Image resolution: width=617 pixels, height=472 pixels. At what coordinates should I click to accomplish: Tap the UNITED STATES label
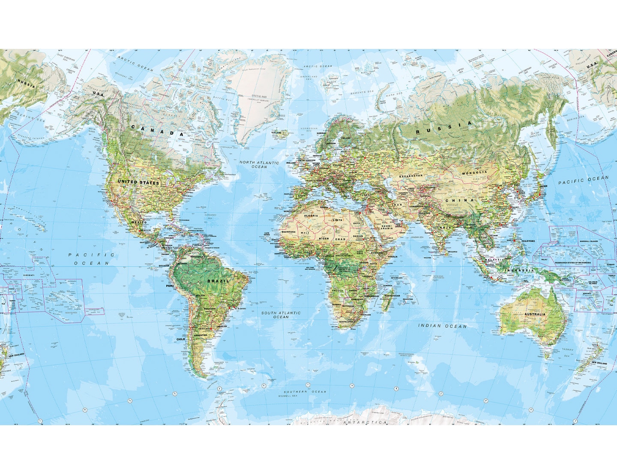(x=139, y=182)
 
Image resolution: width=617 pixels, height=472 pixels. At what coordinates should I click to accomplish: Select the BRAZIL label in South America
(x=218, y=281)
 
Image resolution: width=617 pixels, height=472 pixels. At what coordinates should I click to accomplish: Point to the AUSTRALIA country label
(x=535, y=314)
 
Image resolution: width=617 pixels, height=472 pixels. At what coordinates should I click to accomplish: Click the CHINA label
(x=460, y=200)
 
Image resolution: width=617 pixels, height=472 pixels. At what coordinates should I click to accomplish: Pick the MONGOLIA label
(x=474, y=172)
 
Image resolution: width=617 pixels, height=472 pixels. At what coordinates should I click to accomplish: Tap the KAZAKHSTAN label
(x=410, y=176)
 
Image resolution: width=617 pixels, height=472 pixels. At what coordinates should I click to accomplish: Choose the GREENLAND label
(x=259, y=97)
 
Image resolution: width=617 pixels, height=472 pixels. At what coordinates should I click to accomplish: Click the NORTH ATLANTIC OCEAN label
(x=259, y=164)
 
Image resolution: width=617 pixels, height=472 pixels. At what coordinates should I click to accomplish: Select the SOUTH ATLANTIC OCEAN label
(x=281, y=315)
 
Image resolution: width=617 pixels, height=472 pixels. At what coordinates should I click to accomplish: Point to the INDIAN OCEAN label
(x=442, y=326)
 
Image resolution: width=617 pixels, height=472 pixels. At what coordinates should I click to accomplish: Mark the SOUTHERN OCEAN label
(x=305, y=392)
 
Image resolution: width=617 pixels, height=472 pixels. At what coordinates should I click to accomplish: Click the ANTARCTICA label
(x=366, y=422)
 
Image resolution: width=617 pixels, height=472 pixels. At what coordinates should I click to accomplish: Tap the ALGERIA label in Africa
(x=311, y=216)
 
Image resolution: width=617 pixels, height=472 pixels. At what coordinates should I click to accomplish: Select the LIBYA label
(x=338, y=220)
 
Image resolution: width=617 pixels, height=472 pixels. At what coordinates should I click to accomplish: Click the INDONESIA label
(x=519, y=270)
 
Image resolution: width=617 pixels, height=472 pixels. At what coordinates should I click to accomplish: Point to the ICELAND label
(x=276, y=133)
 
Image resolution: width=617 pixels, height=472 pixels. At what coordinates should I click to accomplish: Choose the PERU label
(x=170, y=286)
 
